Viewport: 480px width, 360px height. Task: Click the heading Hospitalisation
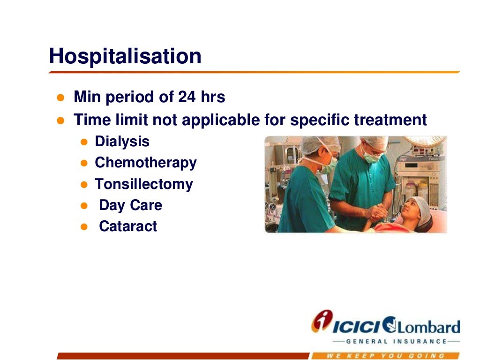click(x=125, y=57)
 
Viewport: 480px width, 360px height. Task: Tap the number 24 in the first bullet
click(x=187, y=97)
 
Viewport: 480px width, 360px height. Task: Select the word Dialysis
click(x=122, y=142)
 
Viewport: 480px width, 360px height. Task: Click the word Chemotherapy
click(x=146, y=163)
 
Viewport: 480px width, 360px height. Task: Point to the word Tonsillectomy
click(x=144, y=184)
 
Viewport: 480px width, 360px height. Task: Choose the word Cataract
click(x=128, y=226)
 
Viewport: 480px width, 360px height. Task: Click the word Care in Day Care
click(x=146, y=205)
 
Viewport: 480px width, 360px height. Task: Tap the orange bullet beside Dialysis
click(x=84, y=142)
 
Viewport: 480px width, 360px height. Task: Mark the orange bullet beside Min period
click(x=60, y=97)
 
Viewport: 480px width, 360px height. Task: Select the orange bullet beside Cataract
click(x=84, y=227)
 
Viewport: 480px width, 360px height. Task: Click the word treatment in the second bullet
click(x=390, y=120)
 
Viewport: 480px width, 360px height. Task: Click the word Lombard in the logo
click(x=428, y=327)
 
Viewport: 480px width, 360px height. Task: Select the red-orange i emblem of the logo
click(x=322, y=321)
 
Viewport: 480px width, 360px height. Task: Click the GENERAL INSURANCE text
click(x=396, y=341)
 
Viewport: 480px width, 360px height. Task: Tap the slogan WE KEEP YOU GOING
click(x=385, y=356)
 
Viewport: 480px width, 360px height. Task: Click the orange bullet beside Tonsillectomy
click(x=84, y=185)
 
